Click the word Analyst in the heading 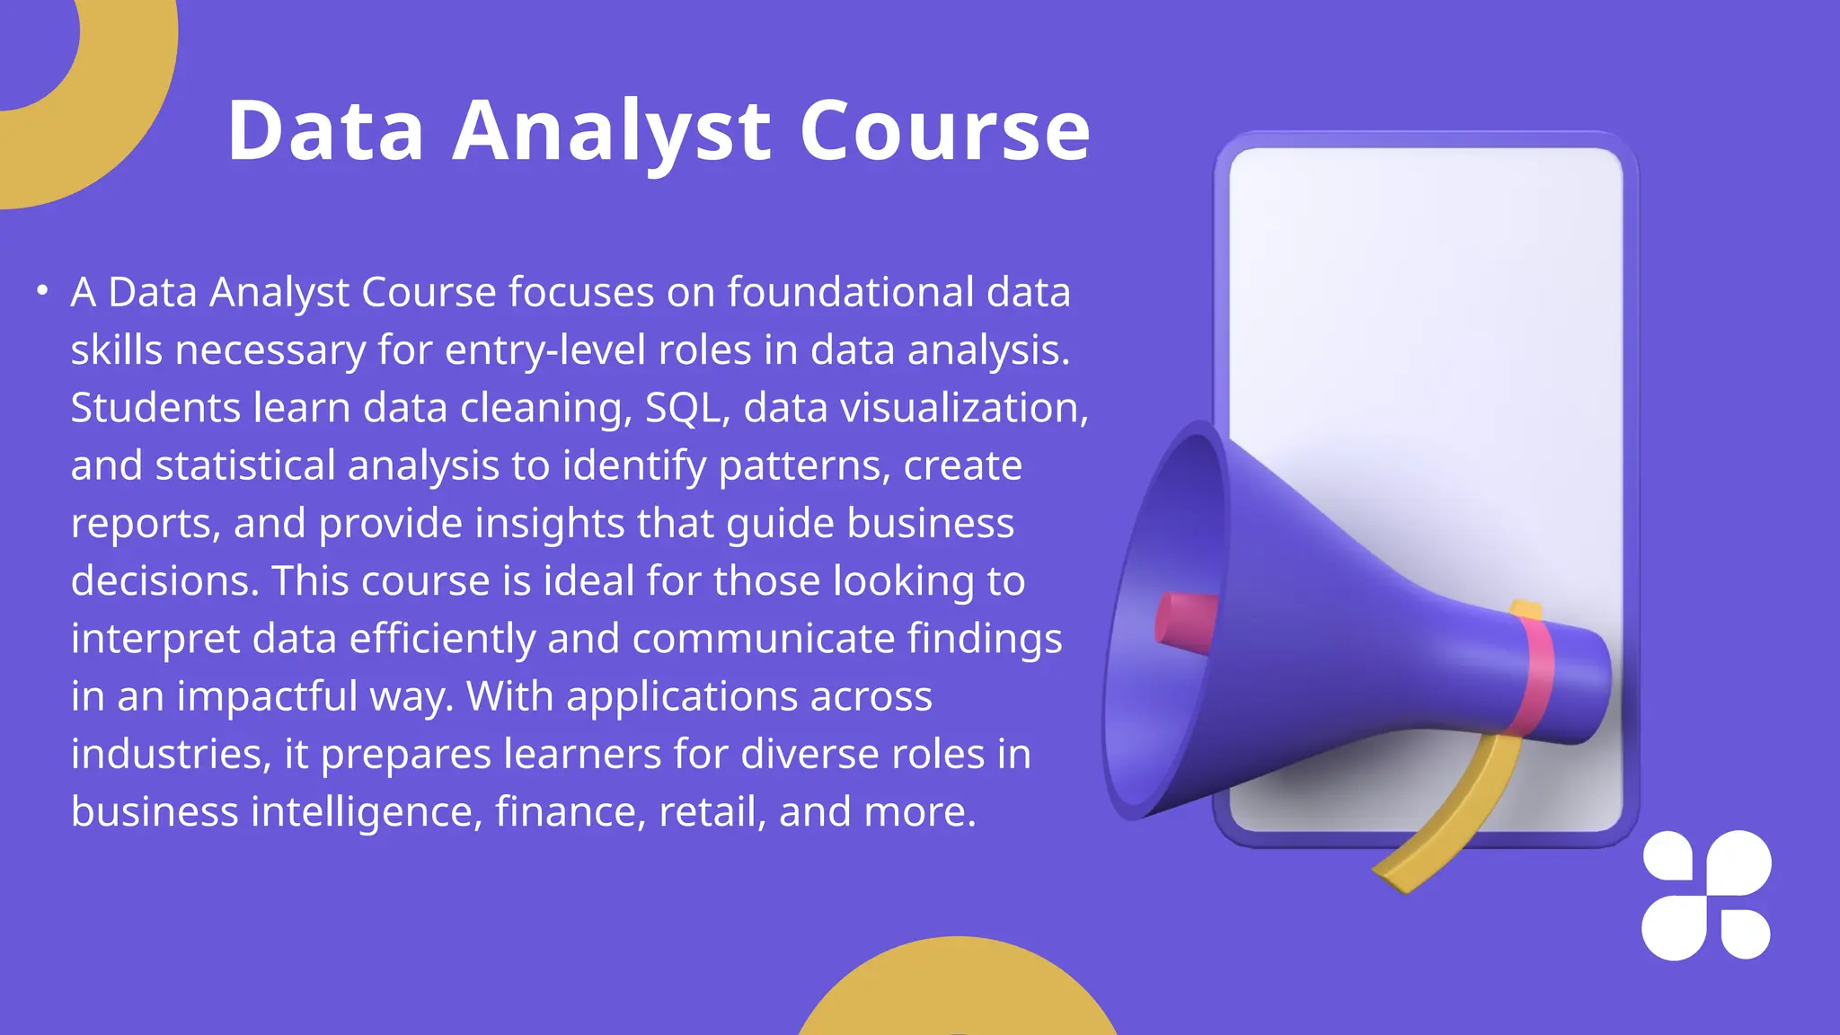610,132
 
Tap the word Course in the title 944,132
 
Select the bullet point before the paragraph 41,290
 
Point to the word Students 155,408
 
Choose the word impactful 267,696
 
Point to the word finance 571,812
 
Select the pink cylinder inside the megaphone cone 1186,620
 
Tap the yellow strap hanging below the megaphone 1446,827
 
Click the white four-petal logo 1706,895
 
